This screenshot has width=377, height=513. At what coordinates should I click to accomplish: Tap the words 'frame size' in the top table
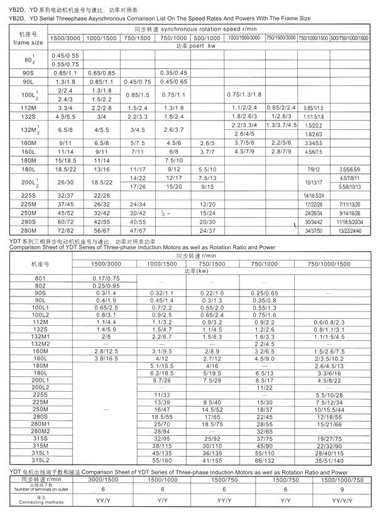(x=28, y=43)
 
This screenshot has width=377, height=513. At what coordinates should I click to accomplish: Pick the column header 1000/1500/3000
(x=245, y=38)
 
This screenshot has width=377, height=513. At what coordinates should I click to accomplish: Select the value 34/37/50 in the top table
(x=312, y=231)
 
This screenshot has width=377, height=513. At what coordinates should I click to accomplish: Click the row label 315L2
(x=41, y=460)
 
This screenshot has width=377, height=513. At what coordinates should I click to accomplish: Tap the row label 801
(x=41, y=278)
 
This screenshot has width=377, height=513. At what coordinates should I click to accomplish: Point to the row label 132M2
(x=41, y=343)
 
